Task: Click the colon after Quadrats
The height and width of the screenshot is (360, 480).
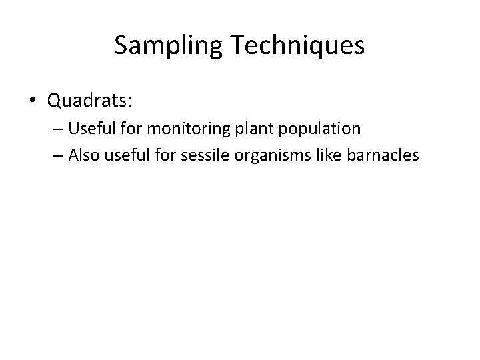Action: pos(131,102)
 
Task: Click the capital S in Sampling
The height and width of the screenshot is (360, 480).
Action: pos(121,45)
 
